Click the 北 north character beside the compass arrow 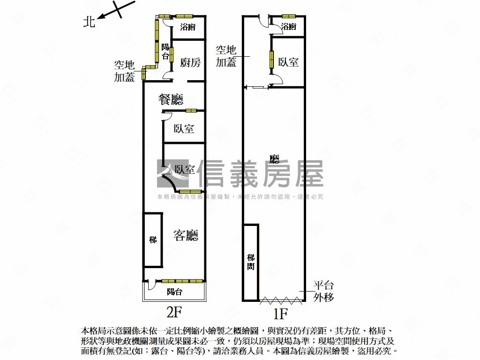tap(89, 22)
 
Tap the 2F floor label tap(174, 311)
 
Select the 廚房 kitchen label tap(190, 63)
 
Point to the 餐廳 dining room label tap(171, 99)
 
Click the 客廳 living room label tap(186, 235)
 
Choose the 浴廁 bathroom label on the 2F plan tap(188, 27)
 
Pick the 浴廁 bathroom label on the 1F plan tap(289, 27)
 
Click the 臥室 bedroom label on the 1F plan tap(288, 62)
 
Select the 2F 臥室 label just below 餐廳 tap(184, 128)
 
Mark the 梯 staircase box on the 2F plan tap(153, 240)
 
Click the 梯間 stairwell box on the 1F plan tap(251, 262)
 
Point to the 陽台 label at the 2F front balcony tap(174, 292)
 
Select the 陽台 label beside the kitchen tap(165, 52)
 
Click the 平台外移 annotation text tap(323, 291)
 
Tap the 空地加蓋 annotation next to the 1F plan tap(226, 56)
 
